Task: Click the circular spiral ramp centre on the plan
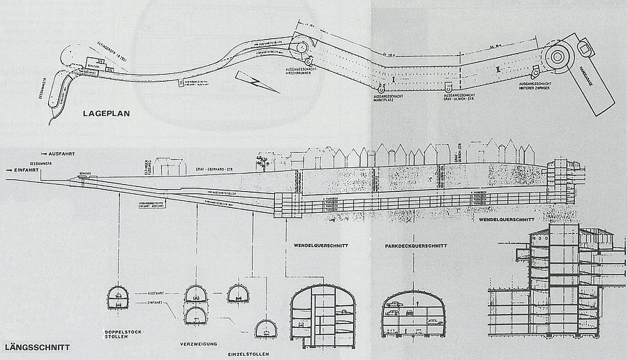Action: (559, 57)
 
